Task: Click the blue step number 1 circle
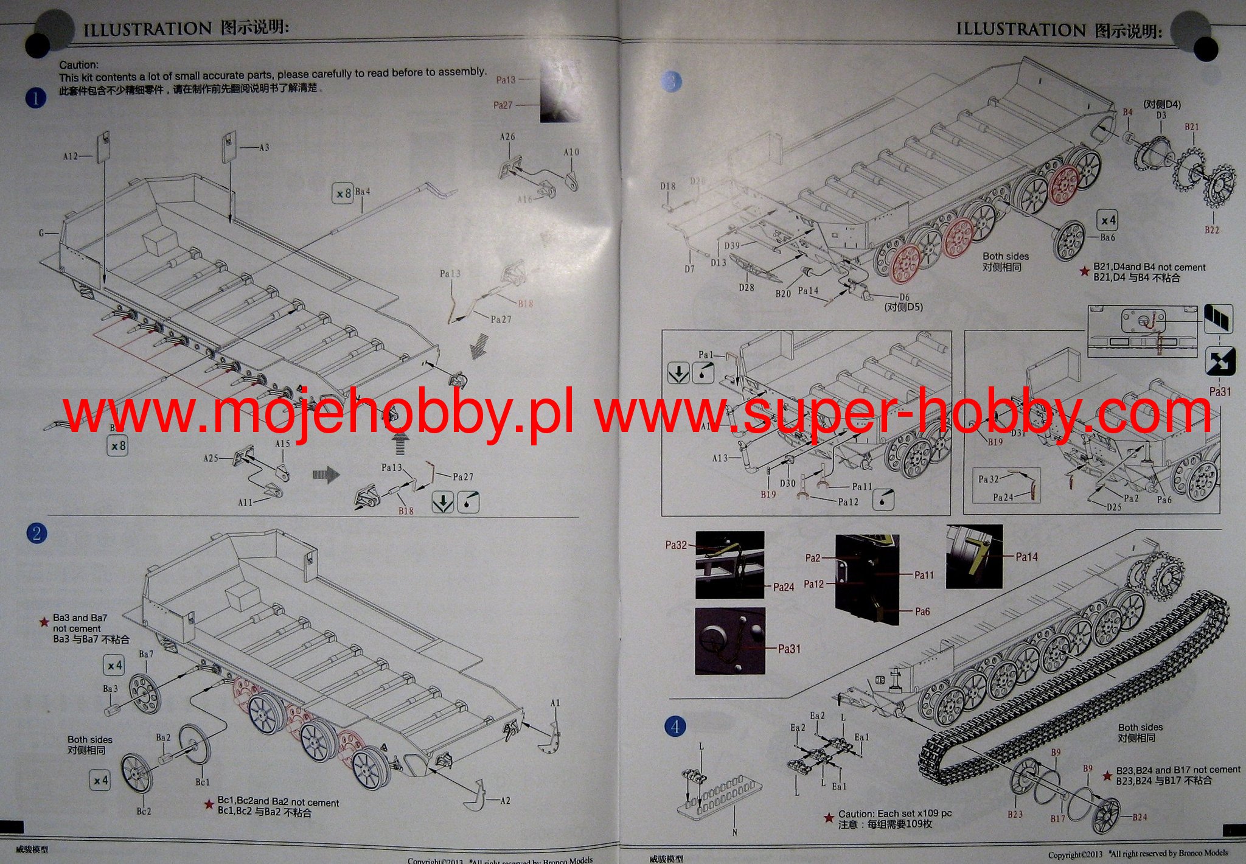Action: [x=36, y=98]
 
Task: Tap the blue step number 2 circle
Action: [x=37, y=534]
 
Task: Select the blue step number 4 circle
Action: [x=675, y=726]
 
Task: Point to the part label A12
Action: [x=71, y=156]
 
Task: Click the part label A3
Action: [x=263, y=147]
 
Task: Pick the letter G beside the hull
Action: [x=42, y=233]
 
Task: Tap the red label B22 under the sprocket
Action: [x=1211, y=230]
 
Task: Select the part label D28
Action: [x=747, y=287]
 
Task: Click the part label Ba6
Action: [x=1108, y=237]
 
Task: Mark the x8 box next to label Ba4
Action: [x=343, y=193]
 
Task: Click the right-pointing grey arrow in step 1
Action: [x=326, y=474]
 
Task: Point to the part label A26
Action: [x=507, y=137]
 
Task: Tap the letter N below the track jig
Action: [x=734, y=832]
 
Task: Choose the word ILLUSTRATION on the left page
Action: [x=147, y=29]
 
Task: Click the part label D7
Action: [x=689, y=268]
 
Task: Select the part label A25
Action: [x=211, y=458]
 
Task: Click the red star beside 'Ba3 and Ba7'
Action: [x=44, y=622]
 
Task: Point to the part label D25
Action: [x=1113, y=506]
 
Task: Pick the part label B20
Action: [x=783, y=293]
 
